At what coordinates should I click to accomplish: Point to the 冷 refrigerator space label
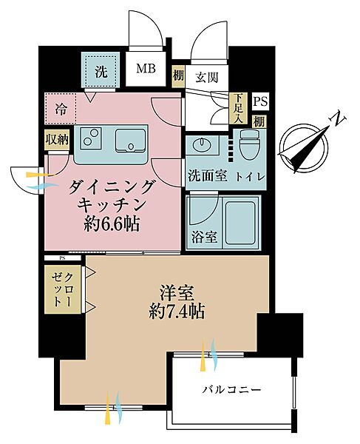click(x=61, y=109)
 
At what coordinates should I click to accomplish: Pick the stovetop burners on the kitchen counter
click(x=92, y=138)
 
